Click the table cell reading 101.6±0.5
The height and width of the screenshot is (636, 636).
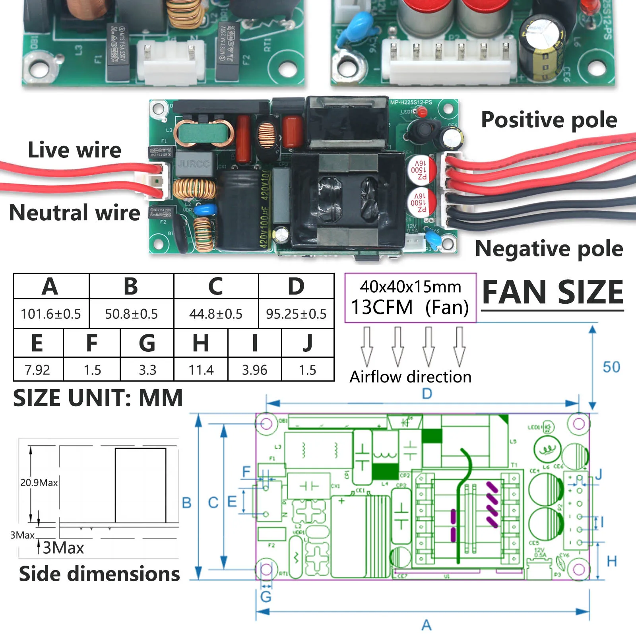coord(51,314)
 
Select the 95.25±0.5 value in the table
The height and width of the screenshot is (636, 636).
coord(296,314)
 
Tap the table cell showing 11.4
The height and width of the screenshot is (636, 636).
coord(201,370)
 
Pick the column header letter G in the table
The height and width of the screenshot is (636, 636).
coord(147,343)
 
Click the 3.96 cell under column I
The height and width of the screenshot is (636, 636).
coord(255,370)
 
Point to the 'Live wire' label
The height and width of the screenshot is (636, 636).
coord(74,150)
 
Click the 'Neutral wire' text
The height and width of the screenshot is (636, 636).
coord(74,212)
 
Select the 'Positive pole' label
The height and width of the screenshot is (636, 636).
coord(549,120)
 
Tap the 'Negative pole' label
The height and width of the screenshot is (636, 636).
coord(549,249)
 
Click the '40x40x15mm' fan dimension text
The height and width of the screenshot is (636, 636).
coord(410,287)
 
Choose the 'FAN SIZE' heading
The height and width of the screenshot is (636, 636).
coord(553,292)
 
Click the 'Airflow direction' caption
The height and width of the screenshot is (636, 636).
coord(410,377)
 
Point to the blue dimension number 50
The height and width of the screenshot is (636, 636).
coord(611,367)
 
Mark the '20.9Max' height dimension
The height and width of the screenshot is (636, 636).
coord(39,483)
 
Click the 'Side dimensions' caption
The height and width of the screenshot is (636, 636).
coord(99,574)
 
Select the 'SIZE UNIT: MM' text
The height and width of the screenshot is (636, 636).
coord(98,398)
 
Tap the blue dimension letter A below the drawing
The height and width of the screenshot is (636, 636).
coord(427,625)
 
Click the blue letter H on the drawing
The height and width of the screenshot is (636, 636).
coord(612,562)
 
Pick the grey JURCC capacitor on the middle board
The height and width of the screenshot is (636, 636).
coord(194,163)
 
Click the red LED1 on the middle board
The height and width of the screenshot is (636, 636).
coord(421,112)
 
